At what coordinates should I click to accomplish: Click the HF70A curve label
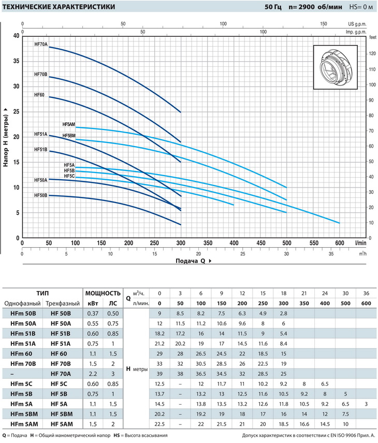click(41, 45)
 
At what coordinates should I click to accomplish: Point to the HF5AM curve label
click(69, 124)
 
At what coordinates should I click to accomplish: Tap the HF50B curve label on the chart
click(41, 195)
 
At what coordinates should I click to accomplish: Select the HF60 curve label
click(39, 95)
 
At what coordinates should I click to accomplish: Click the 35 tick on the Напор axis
click(16, 61)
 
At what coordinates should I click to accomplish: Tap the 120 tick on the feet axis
click(371, 54)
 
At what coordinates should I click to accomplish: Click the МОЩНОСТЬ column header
click(103, 293)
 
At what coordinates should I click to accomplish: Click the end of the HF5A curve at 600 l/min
click(340, 223)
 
